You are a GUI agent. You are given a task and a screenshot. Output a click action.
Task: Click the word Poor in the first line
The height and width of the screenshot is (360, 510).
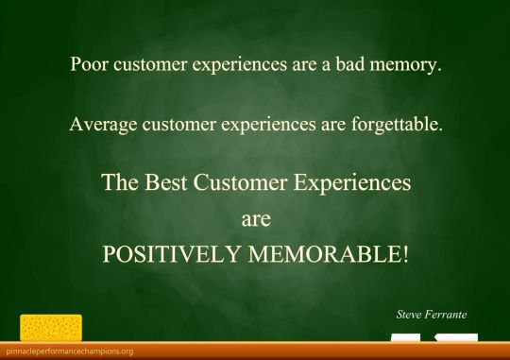87,66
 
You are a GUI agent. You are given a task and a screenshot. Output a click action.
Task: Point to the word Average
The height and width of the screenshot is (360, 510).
100,124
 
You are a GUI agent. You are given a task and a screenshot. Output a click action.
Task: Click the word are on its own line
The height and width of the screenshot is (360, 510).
256,219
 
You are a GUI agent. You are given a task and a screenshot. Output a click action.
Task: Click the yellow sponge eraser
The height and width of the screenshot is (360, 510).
51,327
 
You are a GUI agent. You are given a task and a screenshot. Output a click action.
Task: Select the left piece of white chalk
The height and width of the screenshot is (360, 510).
405,337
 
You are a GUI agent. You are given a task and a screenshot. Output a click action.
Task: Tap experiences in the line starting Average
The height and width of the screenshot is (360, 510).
280,124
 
